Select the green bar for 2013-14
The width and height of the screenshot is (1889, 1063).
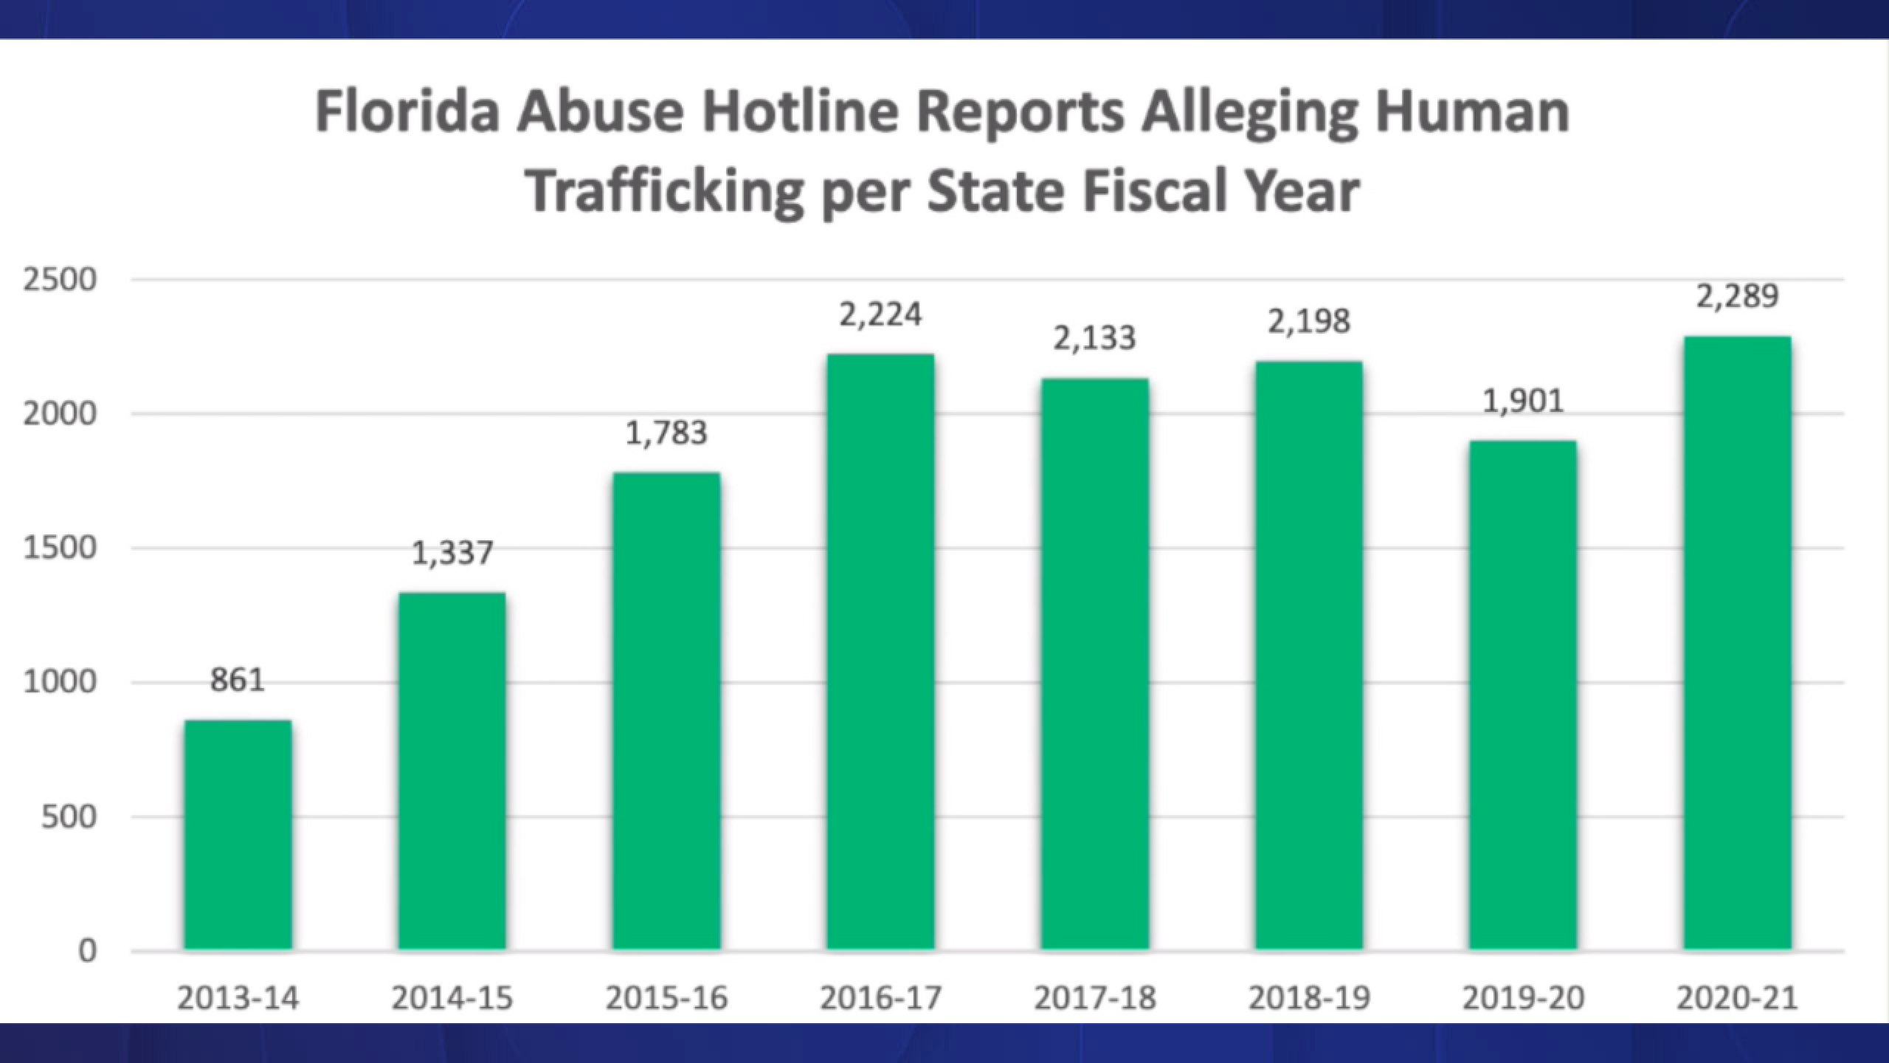(238, 834)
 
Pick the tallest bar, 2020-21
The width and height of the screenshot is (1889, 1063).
(1737, 642)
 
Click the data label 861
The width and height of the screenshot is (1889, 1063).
(238, 680)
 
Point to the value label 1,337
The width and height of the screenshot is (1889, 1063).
(452, 553)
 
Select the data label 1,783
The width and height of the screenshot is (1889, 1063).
(666, 433)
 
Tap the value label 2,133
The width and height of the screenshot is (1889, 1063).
(1094, 338)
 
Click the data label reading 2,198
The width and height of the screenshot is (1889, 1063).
(1309, 321)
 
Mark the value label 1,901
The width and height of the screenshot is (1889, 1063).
(1523, 402)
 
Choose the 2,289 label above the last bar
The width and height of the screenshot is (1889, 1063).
(1737, 296)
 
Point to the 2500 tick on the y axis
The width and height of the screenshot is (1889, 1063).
(60, 281)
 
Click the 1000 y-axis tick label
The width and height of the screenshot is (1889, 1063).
(60, 683)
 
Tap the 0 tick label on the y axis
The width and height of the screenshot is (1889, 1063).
(87, 951)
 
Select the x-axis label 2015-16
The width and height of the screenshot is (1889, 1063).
(666, 999)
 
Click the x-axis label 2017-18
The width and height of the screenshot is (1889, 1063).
(1094, 999)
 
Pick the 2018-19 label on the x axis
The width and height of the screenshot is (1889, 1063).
(1309, 999)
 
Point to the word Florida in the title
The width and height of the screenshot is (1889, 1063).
(408, 112)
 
